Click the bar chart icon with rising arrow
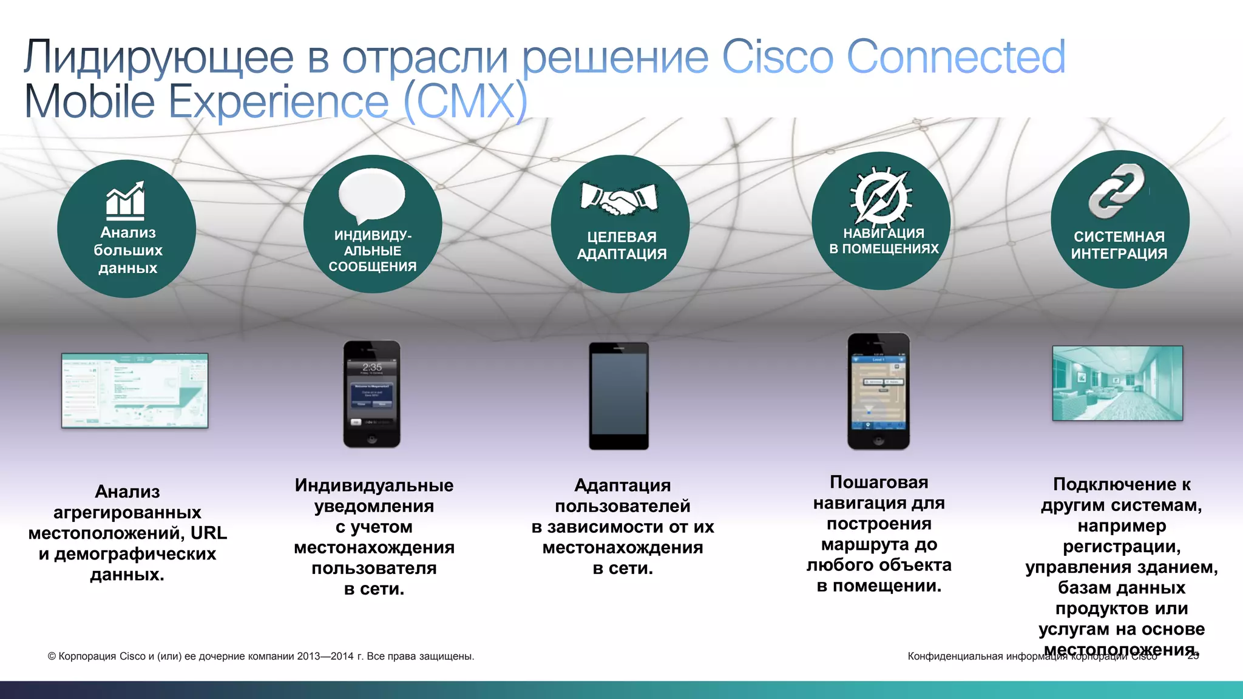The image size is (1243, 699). [126, 200]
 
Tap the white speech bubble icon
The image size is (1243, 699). [371, 195]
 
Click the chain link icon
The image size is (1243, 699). [1116, 191]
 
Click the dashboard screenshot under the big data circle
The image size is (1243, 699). [135, 390]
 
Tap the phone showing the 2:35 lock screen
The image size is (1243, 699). [372, 394]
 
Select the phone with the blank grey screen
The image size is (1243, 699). [618, 396]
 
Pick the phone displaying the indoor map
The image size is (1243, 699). [878, 391]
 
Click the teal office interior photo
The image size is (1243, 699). [1117, 383]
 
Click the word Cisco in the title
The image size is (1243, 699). [777, 57]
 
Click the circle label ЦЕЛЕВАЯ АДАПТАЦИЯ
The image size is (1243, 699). [621, 245]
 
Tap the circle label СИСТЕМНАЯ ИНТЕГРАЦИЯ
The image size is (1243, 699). [1119, 245]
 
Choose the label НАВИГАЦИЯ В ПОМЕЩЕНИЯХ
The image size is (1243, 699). [884, 241]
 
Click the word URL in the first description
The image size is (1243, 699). [209, 533]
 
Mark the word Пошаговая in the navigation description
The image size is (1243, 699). [879, 482]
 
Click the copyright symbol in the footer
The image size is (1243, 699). [52, 657]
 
